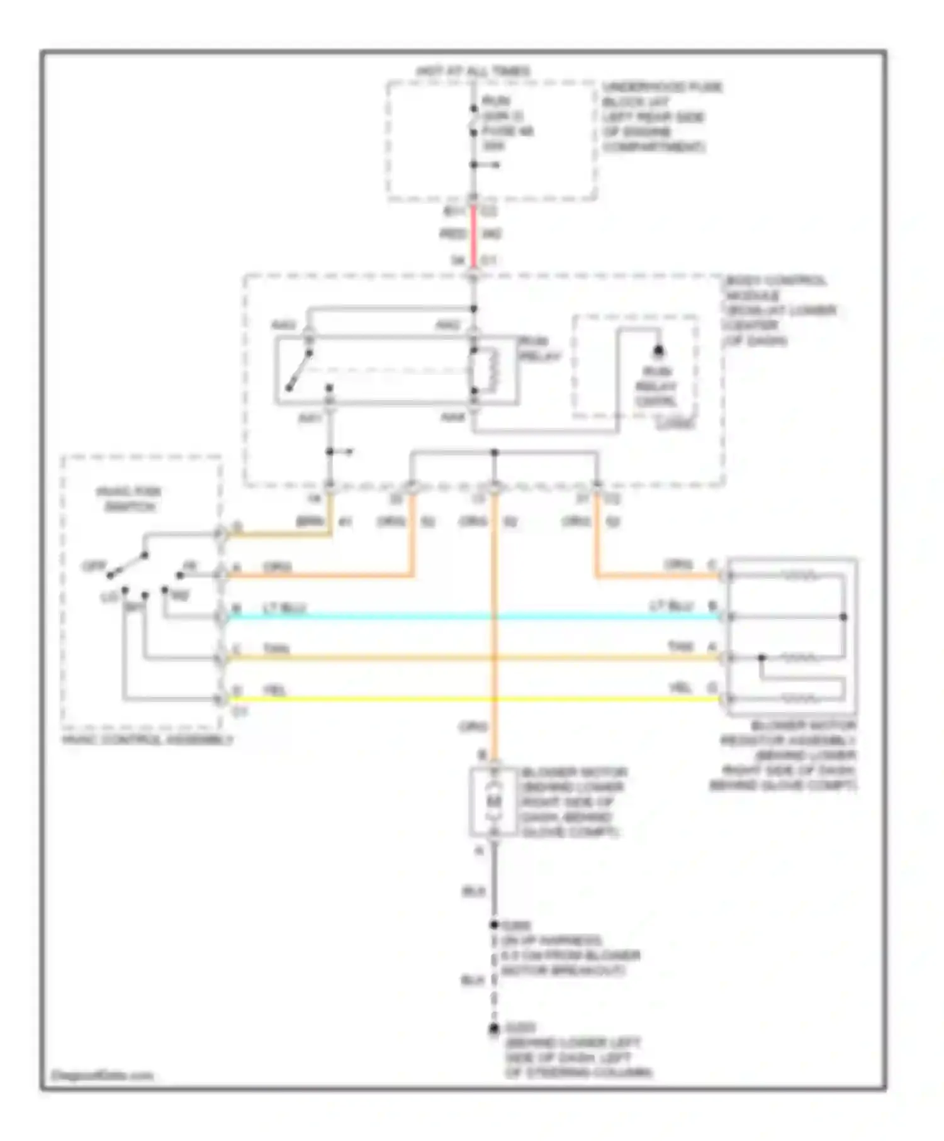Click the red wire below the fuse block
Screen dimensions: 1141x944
click(x=473, y=235)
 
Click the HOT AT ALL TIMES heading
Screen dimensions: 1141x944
click(x=473, y=71)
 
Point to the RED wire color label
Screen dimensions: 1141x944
click(x=452, y=235)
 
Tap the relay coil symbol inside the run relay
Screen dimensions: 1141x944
click(x=488, y=371)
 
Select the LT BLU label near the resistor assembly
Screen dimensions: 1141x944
click(x=671, y=606)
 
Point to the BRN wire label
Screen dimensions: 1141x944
click(x=310, y=522)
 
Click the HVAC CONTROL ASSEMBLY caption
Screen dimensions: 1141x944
click(x=147, y=740)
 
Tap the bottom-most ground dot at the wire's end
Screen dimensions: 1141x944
click(x=494, y=1030)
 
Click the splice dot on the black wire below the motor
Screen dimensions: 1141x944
click(x=494, y=925)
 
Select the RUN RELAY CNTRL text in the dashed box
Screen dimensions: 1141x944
click(x=656, y=386)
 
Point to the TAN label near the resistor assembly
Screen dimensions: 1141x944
click(x=680, y=647)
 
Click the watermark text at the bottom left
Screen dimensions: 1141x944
click(x=102, y=1076)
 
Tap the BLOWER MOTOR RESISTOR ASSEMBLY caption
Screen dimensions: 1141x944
click(x=785, y=755)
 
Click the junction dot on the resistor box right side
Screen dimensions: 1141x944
click(x=843, y=617)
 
